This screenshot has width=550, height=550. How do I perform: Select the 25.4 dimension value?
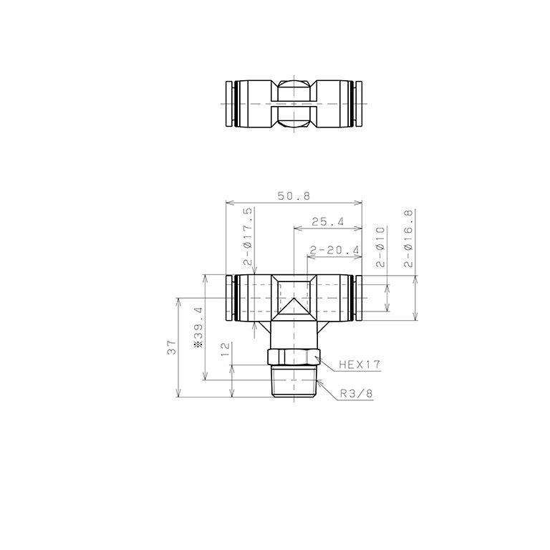tap(328, 222)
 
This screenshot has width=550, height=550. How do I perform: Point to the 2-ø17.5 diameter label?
tap(248, 237)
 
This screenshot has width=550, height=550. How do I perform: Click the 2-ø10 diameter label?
tap(380, 246)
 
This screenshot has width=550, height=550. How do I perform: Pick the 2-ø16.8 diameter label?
tap(409, 239)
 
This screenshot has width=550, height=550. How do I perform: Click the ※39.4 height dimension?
tap(199, 328)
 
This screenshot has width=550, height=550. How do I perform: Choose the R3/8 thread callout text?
tap(357, 392)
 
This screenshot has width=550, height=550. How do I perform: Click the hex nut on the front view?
tap(292, 356)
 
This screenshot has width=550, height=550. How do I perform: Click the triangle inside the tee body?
tap(294, 309)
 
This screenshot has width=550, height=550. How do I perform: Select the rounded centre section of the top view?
tap(294, 105)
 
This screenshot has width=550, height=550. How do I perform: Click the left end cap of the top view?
tap(229, 105)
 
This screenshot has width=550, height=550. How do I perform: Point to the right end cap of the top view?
tap(357, 105)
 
